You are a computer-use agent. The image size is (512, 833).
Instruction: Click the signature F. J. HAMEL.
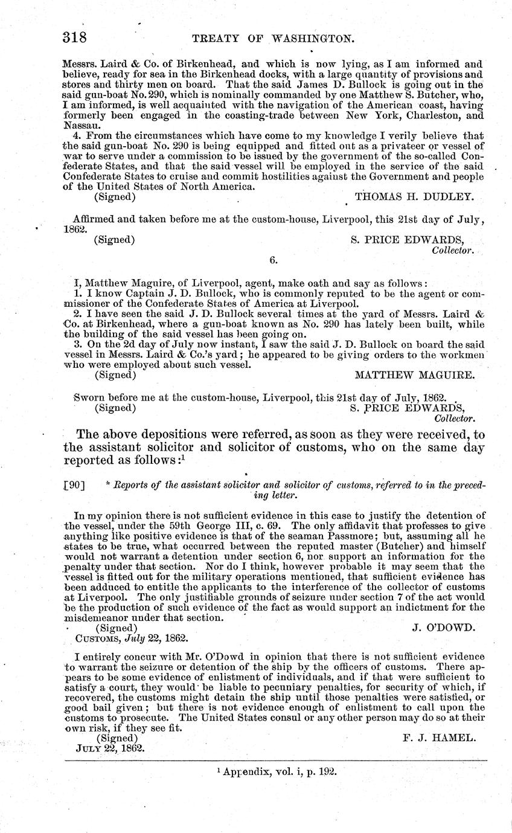tap(439, 738)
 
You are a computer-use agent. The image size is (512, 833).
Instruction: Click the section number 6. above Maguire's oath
tap(273, 260)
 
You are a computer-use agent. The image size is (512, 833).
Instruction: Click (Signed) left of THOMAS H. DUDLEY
tap(115, 196)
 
